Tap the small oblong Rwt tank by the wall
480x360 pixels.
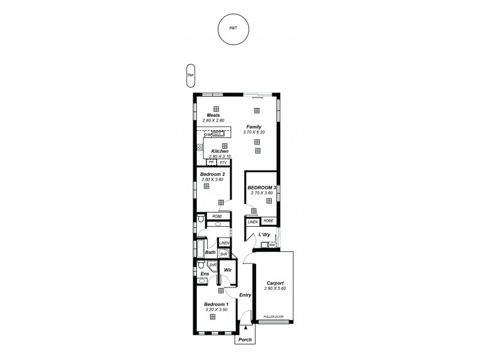click(190, 75)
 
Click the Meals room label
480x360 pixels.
click(213, 115)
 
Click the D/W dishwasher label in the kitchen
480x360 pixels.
click(208, 135)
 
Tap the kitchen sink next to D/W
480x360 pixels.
click(218, 135)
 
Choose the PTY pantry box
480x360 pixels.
click(222, 163)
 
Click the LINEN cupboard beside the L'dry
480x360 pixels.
click(253, 221)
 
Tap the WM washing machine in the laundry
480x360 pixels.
click(272, 244)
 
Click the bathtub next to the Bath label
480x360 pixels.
click(200, 248)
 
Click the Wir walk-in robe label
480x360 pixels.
click(227, 271)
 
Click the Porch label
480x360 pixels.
click(245, 340)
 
